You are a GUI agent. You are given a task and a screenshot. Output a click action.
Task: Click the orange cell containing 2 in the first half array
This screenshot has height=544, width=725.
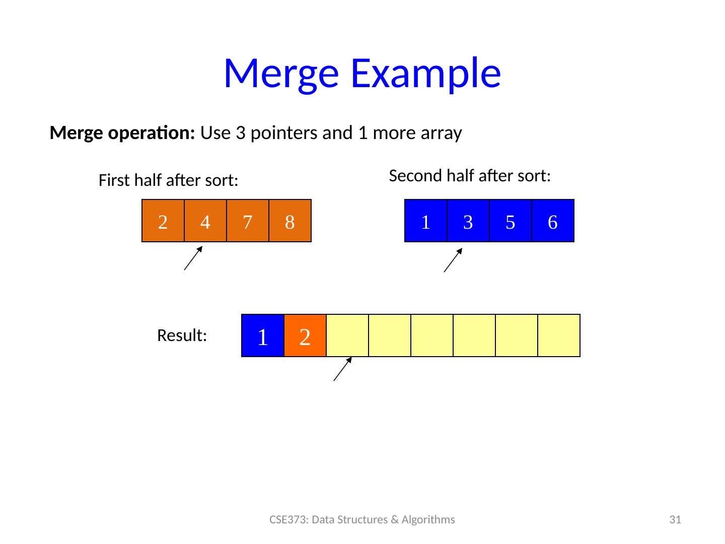(163, 221)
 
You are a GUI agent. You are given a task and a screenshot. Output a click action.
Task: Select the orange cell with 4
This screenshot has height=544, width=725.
(205, 221)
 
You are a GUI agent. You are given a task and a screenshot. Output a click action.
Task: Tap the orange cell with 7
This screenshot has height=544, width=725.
(247, 221)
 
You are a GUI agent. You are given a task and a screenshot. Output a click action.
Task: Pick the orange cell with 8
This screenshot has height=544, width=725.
(289, 221)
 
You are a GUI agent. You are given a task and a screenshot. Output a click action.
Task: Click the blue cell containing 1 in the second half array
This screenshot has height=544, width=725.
(425, 221)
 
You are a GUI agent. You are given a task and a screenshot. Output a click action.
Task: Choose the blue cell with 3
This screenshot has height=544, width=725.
(468, 221)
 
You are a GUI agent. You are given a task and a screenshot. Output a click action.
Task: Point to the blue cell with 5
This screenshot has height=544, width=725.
(510, 221)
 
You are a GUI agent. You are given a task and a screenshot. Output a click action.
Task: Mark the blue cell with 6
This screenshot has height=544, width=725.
(552, 221)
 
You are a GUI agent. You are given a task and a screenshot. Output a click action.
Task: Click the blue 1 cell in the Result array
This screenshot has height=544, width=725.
(262, 335)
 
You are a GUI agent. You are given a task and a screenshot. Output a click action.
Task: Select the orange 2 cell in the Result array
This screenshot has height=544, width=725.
(305, 335)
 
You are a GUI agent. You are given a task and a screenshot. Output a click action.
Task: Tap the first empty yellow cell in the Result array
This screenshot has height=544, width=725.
(347, 335)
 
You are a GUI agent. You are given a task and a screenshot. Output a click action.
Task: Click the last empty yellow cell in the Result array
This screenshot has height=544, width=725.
(558, 335)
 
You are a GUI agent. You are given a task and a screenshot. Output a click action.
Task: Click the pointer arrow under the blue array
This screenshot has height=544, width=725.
(453, 259)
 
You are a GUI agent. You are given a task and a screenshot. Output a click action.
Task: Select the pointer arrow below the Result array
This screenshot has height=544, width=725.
(342, 369)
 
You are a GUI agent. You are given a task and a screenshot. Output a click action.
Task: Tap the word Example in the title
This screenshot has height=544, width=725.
(426, 73)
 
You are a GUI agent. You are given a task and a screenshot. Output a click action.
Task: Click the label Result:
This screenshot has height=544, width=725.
(182, 335)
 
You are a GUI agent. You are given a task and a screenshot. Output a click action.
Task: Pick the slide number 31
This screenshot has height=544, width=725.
(675, 519)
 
